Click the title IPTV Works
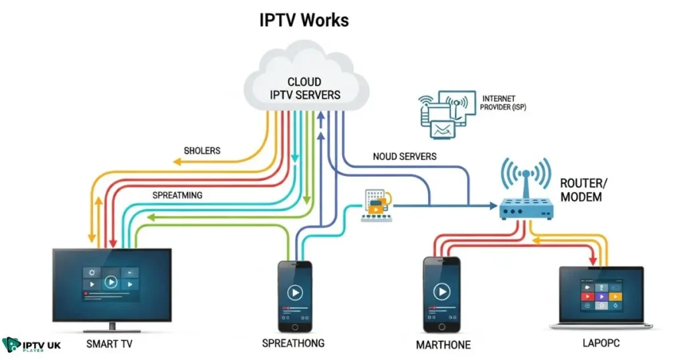pyautogui.click(x=304, y=20)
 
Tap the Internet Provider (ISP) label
pyautogui.click(x=504, y=103)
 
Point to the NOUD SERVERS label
pyautogui.click(x=405, y=157)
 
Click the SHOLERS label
pyautogui.click(x=202, y=151)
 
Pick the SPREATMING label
pyautogui.click(x=177, y=195)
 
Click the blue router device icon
pyautogui.click(x=526, y=209)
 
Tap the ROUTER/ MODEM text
pyautogui.click(x=582, y=190)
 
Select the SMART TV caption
pyautogui.click(x=113, y=345)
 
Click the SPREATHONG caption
pyautogui.click(x=294, y=343)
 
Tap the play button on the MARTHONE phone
pyautogui.click(x=441, y=292)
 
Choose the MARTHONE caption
pyautogui.click(x=442, y=345)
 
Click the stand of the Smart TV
pyautogui.click(x=112, y=326)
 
